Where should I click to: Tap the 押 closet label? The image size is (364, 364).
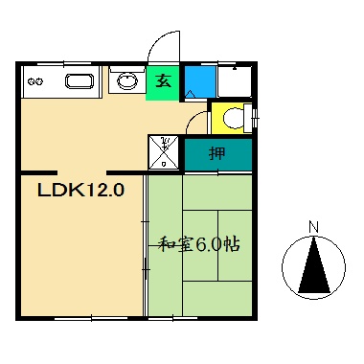pos(218,152)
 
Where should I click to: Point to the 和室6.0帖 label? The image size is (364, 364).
pos(200,244)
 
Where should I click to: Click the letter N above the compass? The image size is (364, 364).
pos(313,227)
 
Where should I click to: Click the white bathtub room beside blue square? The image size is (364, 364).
pos(235,80)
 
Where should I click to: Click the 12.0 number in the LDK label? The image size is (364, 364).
pos(103,190)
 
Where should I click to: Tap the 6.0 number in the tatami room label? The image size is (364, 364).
pos(210,244)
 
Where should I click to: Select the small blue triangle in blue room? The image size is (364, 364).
pos(191,93)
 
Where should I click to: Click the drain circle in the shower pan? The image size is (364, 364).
pos(165,164)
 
